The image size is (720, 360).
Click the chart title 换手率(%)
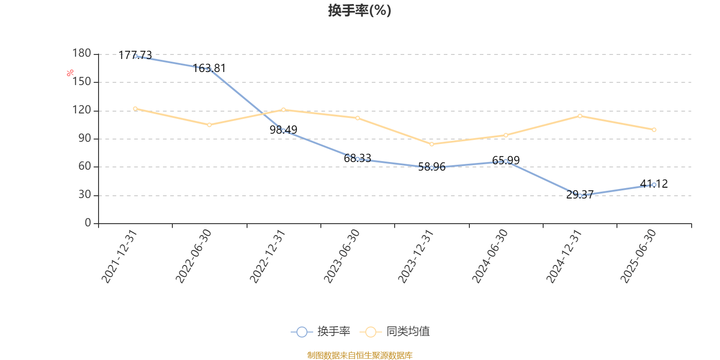360,10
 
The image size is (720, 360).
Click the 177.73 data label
135,55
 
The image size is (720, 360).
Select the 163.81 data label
209,68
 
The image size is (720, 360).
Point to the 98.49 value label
283,130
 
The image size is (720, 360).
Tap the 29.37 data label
580,195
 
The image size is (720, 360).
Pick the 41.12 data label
654,184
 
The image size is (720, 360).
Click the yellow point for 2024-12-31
580,116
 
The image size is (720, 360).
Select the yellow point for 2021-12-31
135,109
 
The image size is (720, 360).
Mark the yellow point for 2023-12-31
432,144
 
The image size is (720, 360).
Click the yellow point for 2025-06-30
654,130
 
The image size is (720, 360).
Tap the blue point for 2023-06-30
358,159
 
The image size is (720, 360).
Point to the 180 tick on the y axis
82,54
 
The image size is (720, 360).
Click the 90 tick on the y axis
85,139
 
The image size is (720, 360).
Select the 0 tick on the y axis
88,223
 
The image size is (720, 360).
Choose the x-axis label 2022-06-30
193,256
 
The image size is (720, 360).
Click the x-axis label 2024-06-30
490,256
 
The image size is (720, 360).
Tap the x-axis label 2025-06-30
638,256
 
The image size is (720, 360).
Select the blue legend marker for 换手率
302,332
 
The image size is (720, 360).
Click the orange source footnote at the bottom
360,355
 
